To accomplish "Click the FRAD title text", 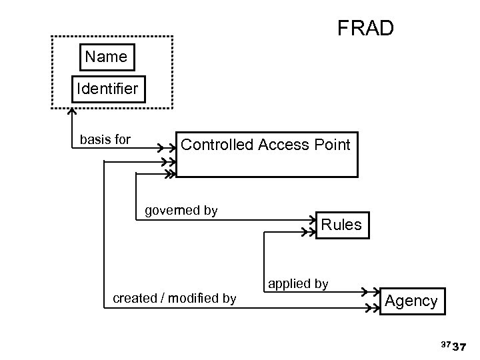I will [365, 29].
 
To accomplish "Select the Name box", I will [106, 57].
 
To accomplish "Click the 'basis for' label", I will [105, 139].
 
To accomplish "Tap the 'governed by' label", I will [181, 211].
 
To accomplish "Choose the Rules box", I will [341, 225].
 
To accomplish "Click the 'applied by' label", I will [298, 283].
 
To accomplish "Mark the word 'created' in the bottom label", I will [135, 298].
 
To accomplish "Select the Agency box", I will [411, 301].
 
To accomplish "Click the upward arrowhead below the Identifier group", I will [72, 111].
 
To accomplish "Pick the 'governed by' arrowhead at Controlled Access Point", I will [169, 174].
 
